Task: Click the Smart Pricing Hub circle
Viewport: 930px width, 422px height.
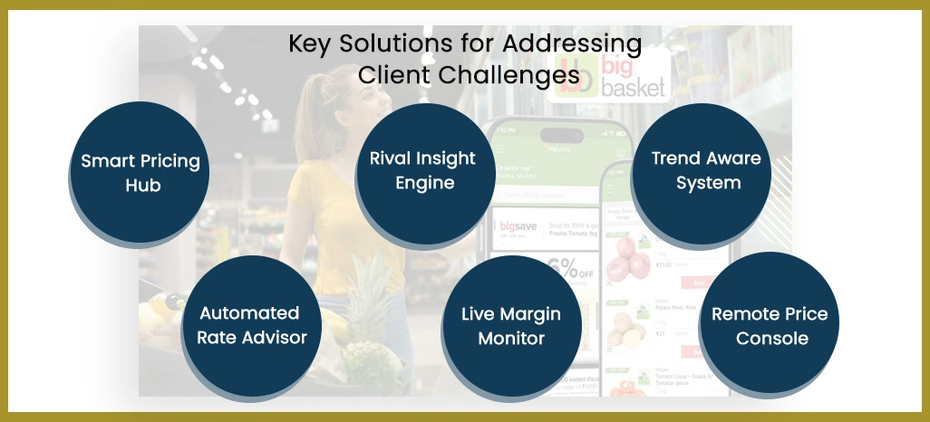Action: click(x=140, y=172)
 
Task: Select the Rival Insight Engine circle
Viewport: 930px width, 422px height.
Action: click(x=422, y=169)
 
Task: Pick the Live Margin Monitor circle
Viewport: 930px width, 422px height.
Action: click(x=511, y=326)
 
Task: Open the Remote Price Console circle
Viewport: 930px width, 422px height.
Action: click(x=769, y=327)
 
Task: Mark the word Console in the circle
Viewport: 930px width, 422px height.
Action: click(x=771, y=339)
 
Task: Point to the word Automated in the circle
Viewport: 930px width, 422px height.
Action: click(x=249, y=313)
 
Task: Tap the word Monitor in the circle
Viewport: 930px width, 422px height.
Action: click(x=511, y=339)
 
